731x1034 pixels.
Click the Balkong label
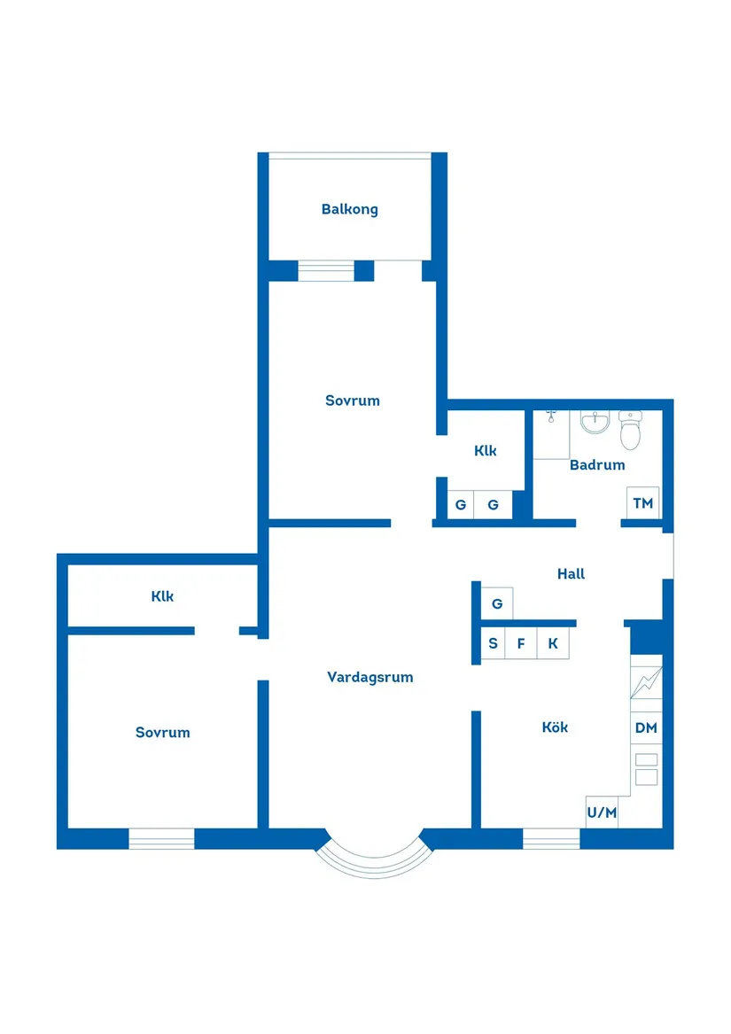pos(350,210)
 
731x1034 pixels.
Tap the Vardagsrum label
pos(370,677)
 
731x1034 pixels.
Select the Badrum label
pos(597,465)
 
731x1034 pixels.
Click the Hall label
pos(571,574)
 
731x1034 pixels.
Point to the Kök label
pos(555,727)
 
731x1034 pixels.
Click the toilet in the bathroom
pos(631,430)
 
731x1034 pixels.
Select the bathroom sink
pos(595,422)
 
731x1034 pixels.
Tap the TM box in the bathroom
pos(642,503)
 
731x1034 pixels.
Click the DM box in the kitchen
pos(646,728)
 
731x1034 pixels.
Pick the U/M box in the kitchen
pos(602,812)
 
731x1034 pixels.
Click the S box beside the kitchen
pos(493,643)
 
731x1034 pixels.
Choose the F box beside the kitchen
pos(521,643)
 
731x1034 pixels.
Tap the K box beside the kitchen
pos(553,643)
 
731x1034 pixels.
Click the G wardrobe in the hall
pos(497,603)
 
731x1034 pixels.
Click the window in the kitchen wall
pos(551,839)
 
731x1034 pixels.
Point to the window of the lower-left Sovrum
pos(161,839)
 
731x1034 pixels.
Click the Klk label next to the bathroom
pos(485,451)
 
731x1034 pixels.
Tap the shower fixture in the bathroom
pos(551,416)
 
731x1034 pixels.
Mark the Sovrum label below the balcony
pos(353,400)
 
